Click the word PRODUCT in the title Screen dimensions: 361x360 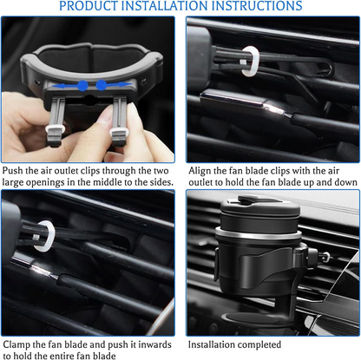click(x=88, y=6)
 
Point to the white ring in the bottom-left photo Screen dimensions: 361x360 click(x=43, y=236)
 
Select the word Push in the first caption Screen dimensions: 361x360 click(x=13, y=171)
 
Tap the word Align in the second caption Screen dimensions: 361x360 click(x=200, y=171)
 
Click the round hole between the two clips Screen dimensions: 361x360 click(x=90, y=100)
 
